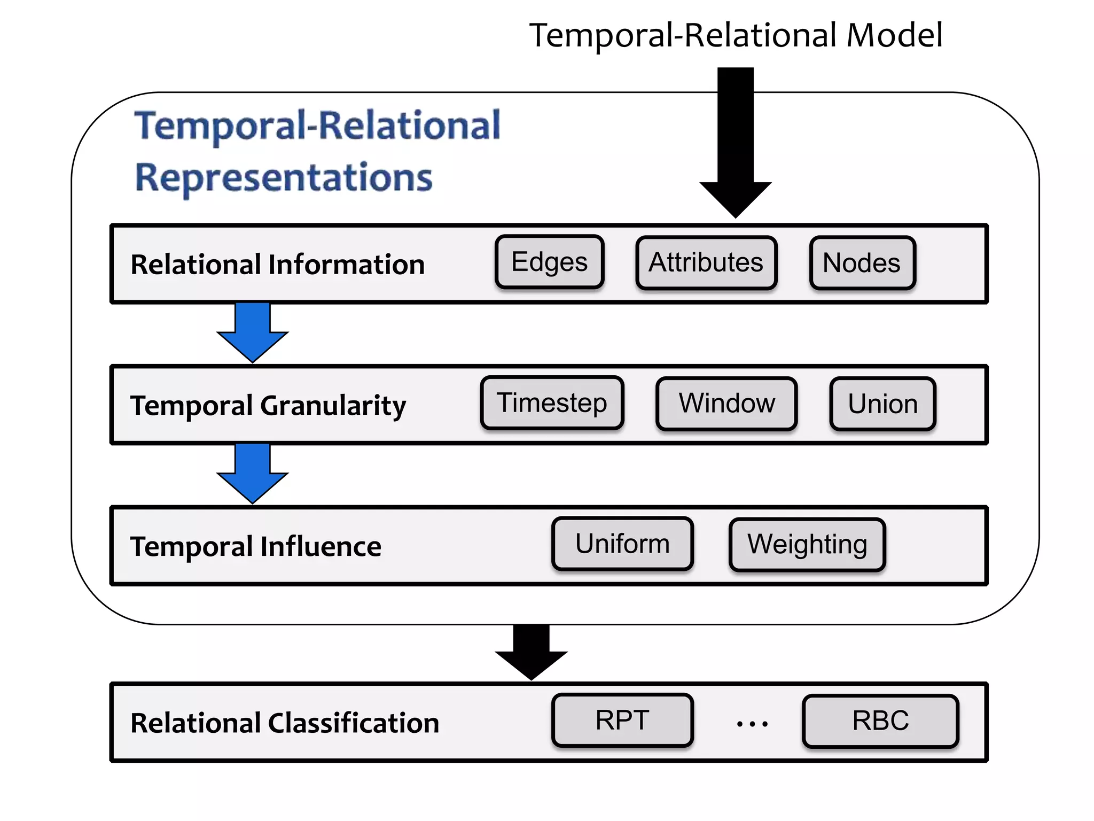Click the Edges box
pyautogui.click(x=549, y=262)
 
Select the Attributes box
pyautogui.click(x=706, y=262)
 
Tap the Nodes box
pyautogui.click(x=862, y=263)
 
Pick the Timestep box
pyautogui.click(x=552, y=402)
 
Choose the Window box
pyautogui.click(x=726, y=403)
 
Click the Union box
pyautogui.click(x=882, y=404)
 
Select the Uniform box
pyautogui.click(x=622, y=544)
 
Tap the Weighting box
pyautogui.click(x=807, y=544)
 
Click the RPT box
pyautogui.click(x=622, y=720)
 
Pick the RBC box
pyautogui.click(x=880, y=721)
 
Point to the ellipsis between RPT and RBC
pyautogui.click(x=752, y=724)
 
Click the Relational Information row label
pyautogui.click(x=278, y=265)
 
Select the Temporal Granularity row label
pyautogui.click(x=268, y=405)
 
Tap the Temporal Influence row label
pyautogui.click(x=256, y=546)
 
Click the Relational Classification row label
pyautogui.click(x=285, y=723)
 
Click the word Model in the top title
pyautogui.click(x=895, y=35)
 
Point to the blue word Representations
pyautogui.click(x=284, y=177)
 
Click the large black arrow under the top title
pyautogui.click(x=736, y=144)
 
